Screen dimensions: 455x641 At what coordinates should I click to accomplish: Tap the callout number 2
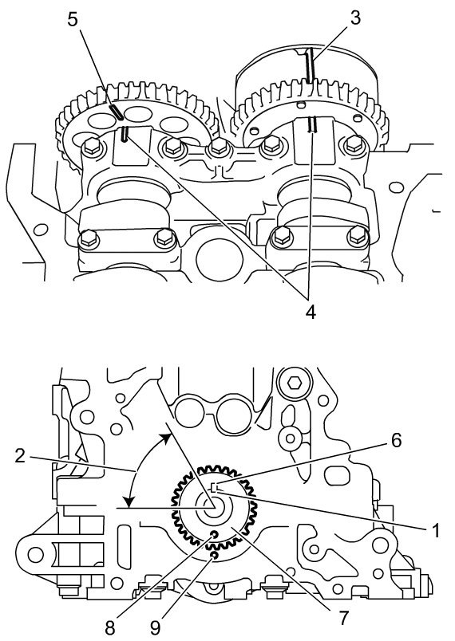click(21, 455)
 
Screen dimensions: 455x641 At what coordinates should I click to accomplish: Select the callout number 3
click(355, 18)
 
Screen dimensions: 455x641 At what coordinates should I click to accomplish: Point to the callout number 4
click(311, 313)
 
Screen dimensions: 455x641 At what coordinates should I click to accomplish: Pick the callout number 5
click(73, 20)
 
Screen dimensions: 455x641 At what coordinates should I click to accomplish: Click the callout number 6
click(396, 440)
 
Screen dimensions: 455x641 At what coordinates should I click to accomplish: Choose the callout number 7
click(343, 618)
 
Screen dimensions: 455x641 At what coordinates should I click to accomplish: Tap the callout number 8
click(109, 629)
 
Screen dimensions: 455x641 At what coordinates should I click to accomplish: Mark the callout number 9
click(155, 629)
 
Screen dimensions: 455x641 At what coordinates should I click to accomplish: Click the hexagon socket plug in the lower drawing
click(295, 383)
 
